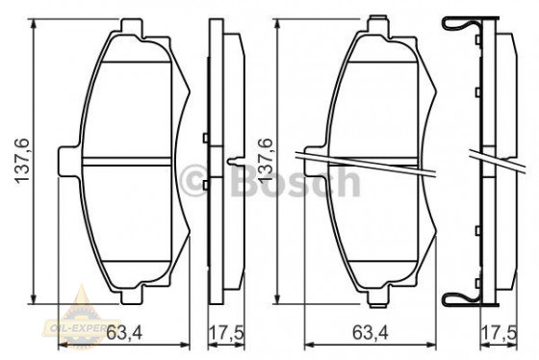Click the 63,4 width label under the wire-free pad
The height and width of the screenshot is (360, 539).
tap(125, 335)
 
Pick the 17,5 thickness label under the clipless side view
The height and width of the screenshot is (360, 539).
tap(224, 335)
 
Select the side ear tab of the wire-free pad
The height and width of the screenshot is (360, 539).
tap(67, 159)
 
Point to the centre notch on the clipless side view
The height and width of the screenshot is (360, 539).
tap(236, 159)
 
